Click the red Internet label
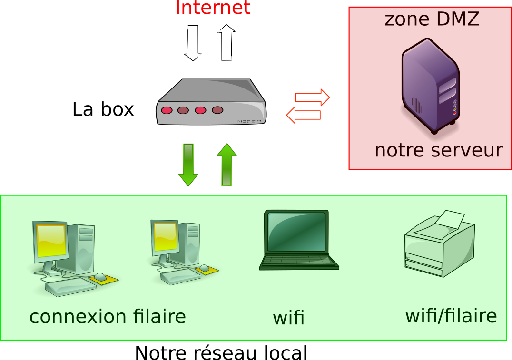click(x=213, y=8)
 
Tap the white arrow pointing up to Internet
click(x=226, y=43)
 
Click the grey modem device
click(x=211, y=102)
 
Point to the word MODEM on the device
click(x=249, y=121)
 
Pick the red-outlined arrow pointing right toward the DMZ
click(x=312, y=97)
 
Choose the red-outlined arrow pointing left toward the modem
click(x=303, y=115)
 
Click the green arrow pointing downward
click(x=188, y=165)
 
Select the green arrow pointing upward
click(x=226, y=165)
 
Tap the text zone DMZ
click(x=432, y=19)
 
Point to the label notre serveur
click(x=438, y=150)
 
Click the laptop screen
click(x=296, y=232)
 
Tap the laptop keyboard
click(x=299, y=261)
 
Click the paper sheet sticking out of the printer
click(x=450, y=219)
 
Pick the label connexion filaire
click(x=108, y=317)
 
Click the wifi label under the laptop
click(x=288, y=318)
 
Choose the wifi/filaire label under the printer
click(x=451, y=316)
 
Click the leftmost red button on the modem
click(x=167, y=110)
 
